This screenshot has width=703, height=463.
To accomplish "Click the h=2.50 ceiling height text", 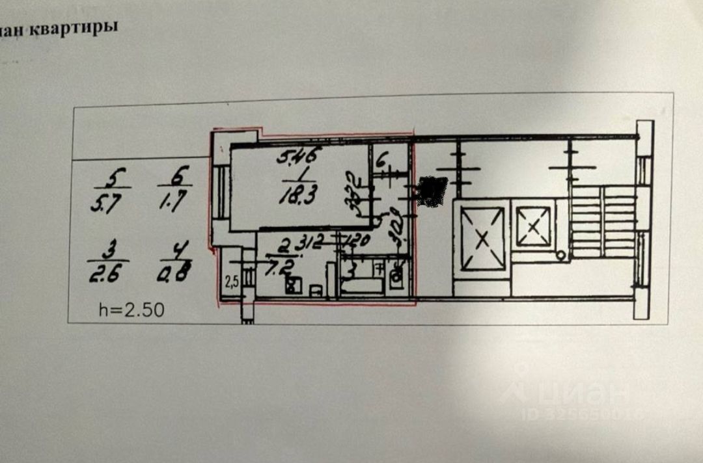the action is (x=131, y=310).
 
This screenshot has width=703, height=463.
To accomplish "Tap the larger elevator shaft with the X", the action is (x=482, y=238).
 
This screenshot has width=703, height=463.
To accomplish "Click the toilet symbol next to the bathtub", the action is (x=396, y=280).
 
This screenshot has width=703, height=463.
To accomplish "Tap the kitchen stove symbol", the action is (x=293, y=284).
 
